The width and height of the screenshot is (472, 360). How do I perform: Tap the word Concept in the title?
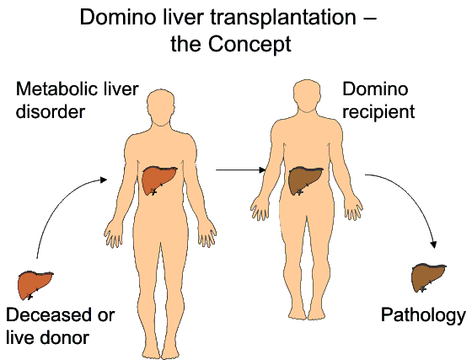249,44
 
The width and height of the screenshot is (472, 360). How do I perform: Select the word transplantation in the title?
283,18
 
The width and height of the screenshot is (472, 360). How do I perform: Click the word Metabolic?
56,89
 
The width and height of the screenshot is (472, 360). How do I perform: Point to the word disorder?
51,111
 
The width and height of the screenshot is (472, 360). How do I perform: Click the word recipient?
378,112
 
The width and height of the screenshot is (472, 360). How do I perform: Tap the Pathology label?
423,315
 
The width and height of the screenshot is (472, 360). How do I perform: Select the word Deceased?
48,314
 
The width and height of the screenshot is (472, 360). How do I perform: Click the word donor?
64,337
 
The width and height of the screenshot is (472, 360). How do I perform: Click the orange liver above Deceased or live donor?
35,285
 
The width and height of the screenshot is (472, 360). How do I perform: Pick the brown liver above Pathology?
428,277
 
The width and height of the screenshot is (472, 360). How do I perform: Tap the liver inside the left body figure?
159,180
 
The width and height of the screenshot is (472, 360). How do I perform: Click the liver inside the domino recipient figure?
305,181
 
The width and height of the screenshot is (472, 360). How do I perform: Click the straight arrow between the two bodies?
240,170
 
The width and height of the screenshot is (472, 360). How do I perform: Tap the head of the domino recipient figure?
307,96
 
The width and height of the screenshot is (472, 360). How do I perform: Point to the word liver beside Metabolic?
120,89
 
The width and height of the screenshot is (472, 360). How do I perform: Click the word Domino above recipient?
375,89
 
